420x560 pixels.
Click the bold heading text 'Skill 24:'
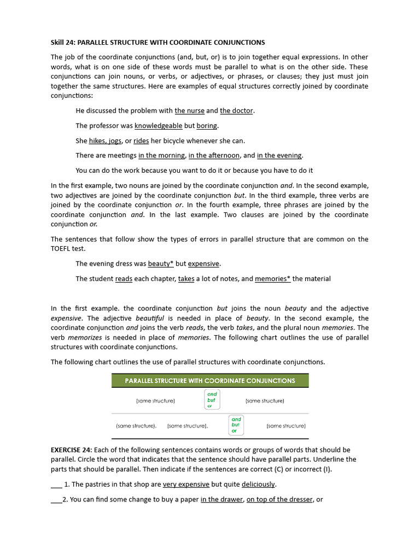65,42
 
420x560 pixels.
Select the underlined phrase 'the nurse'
189,111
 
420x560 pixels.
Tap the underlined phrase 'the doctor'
236,111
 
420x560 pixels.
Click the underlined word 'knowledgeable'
159,126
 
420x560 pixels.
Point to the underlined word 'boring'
207,126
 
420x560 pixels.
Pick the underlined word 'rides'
141,141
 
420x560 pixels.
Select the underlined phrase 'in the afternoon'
214,155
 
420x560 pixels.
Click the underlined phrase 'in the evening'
279,155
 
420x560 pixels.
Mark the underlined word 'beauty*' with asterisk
161,264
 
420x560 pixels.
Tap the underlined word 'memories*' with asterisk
272,279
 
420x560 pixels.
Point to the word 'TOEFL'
62,248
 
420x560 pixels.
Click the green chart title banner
210,381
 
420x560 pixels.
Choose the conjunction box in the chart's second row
236,425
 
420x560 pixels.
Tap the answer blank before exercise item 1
56,485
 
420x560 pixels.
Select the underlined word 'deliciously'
259,485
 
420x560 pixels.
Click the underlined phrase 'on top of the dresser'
279,499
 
